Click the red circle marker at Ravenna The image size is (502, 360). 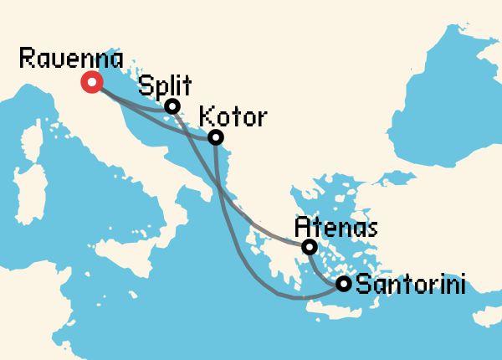click(x=90, y=82)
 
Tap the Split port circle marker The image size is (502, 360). click(x=172, y=106)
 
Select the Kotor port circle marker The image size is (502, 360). click(x=216, y=137)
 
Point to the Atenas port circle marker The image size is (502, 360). click(x=309, y=247)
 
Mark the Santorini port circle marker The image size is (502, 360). click(x=343, y=284)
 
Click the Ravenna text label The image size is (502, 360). click(x=70, y=59)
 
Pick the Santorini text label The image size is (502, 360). click(x=411, y=285)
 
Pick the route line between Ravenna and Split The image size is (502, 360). click(x=134, y=104)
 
